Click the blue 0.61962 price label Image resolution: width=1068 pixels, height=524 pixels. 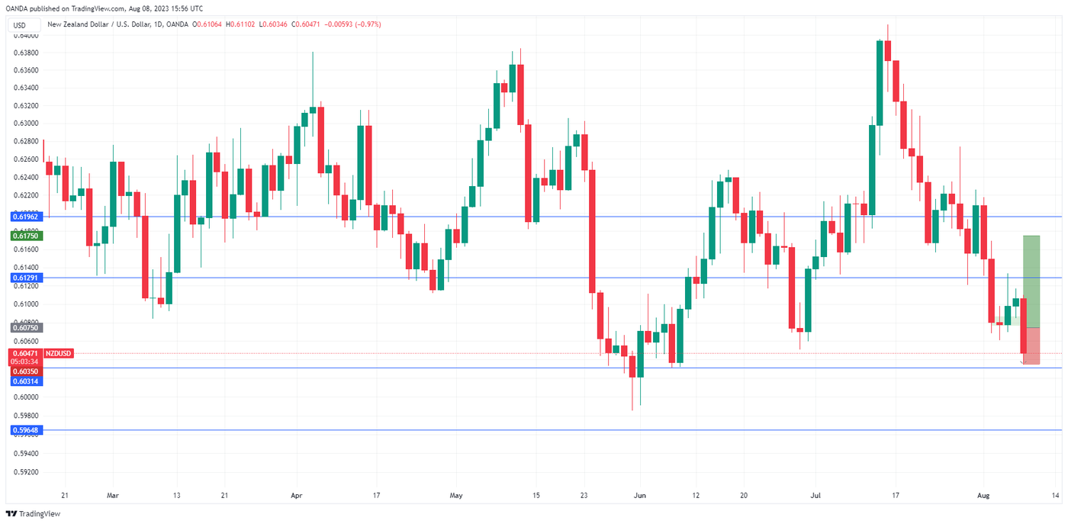point(26,217)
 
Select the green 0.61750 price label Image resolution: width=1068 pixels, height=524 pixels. point(26,236)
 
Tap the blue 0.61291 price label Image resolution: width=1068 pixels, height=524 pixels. point(26,278)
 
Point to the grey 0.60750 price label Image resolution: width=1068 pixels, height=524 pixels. point(26,327)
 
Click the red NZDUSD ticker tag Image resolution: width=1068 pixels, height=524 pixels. point(58,353)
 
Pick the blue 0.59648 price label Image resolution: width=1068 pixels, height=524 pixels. point(26,430)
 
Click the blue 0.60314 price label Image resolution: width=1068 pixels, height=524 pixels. point(26,381)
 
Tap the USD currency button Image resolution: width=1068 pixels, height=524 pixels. point(19,25)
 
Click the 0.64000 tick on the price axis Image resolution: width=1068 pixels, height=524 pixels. point(26,35)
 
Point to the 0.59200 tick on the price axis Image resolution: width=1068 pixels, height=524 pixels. point(26,471)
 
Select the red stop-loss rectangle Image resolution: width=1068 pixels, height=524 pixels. point(1031,346)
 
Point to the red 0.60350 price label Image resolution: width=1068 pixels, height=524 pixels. point(26,371)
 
